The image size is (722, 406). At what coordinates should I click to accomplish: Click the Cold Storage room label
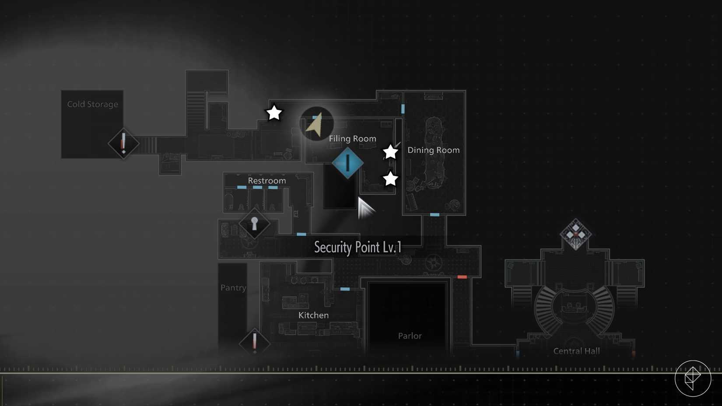pos(92,104)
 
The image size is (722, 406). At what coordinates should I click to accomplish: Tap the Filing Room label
pos(353,139)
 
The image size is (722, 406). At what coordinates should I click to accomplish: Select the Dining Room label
pos(434,150)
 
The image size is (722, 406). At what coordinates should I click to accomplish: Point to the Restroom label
pos(267,180)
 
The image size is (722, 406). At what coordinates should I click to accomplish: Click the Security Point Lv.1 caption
pos(358,248)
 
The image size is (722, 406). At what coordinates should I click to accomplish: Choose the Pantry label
pos(233,287)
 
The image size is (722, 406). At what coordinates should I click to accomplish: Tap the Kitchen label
pos(313,315)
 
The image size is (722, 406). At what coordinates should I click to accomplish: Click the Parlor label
pos(410,336)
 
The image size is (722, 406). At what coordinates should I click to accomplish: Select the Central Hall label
pos(577,351)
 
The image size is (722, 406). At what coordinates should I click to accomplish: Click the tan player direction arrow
pos(315,125)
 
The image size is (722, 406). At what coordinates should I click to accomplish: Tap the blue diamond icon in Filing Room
pos(347,163)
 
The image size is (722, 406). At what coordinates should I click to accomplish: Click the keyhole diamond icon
pos(254,223)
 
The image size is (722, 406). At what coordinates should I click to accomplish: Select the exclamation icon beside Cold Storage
pos(123,143)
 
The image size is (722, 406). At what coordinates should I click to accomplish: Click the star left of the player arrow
pos(274,113)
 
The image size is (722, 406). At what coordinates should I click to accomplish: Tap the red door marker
pos(462,277)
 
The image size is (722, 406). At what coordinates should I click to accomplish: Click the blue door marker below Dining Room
pos(435,215)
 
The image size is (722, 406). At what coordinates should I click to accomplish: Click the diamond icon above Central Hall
pos(576,234)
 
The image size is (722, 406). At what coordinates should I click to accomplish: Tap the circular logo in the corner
pos(693,378)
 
